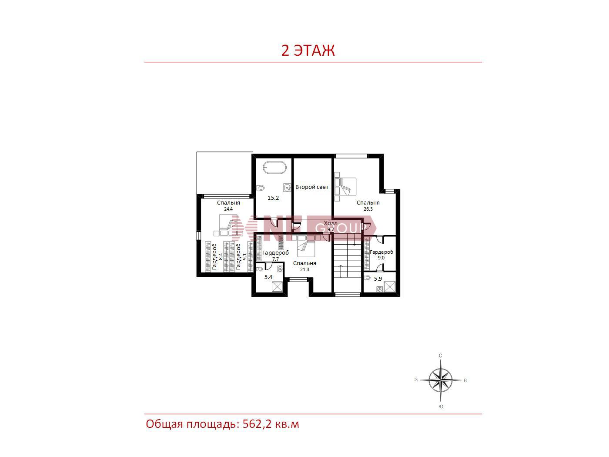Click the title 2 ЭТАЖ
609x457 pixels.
[308, 50]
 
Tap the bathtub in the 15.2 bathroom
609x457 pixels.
[274, 167]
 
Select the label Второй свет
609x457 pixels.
[311, 187]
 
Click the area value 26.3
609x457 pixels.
[368, 209]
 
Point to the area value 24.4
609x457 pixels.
[228, 209]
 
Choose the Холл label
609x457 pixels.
[331, 223]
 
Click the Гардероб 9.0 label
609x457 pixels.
[381, 255]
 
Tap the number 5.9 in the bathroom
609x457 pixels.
[378, 279]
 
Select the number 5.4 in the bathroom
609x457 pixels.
[268, 277]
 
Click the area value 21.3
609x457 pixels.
[304, 269]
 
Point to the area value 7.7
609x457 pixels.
[275, 259]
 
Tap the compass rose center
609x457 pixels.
[440, 380]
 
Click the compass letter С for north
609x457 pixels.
[440, 356]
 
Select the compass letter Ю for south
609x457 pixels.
[441, 407]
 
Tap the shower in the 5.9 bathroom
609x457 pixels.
[389, 287]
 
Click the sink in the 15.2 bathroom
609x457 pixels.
[287, 188]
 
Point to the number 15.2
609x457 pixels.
[273, 198]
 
